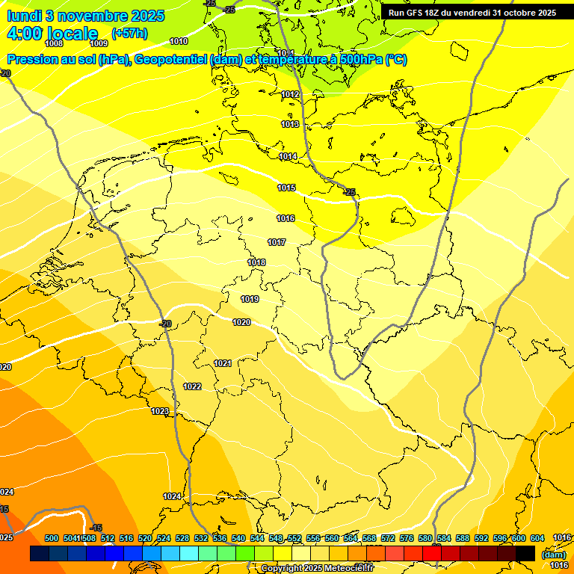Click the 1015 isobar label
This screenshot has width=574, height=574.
(286, 188)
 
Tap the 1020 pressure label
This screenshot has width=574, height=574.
(241, 322)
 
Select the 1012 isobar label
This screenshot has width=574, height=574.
(291, 94)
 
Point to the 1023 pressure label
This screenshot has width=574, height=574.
(160, 412)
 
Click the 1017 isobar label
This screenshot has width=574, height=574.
(277, 242)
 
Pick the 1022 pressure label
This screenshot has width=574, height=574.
(192, 386)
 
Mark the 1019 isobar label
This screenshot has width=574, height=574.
(250, 299)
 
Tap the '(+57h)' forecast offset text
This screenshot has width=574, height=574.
(129, 34)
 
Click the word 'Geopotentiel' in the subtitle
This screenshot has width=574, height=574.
(171, 60)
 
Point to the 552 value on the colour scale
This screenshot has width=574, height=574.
(294, 538)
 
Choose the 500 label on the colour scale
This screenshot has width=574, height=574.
(52, 538)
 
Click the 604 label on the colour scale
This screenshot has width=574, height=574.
(537, 538)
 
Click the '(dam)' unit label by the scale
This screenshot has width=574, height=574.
(554, 555)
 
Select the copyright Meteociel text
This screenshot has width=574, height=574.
(317, 569)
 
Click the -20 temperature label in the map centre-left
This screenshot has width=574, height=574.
(166, 323)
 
